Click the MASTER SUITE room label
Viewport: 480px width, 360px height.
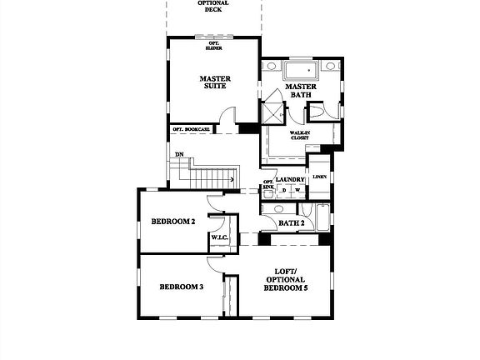215,84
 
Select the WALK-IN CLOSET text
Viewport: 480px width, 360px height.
300,135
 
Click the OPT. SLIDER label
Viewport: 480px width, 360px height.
214,45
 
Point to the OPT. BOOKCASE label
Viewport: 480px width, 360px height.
191,129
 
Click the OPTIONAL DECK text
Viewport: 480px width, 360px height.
213,7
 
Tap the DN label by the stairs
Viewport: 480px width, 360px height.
179,155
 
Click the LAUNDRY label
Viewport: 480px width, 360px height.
290,180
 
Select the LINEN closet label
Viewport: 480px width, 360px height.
318,177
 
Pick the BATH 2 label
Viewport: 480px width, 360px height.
291,222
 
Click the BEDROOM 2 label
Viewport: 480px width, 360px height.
172,222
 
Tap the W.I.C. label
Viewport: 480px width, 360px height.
220,238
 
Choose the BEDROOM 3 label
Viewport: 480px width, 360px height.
182,287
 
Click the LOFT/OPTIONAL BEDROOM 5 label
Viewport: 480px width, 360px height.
285,279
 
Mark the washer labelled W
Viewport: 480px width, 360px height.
296,190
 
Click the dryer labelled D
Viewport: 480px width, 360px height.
282,190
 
